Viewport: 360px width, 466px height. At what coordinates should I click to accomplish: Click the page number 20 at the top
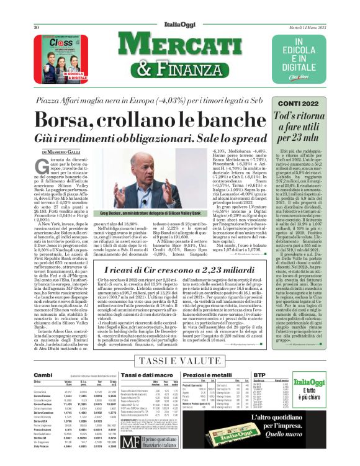pyautogui.click(x=37, y=11)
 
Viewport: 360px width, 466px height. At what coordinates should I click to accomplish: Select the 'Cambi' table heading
pyautogui.click(x=43, y=376)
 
